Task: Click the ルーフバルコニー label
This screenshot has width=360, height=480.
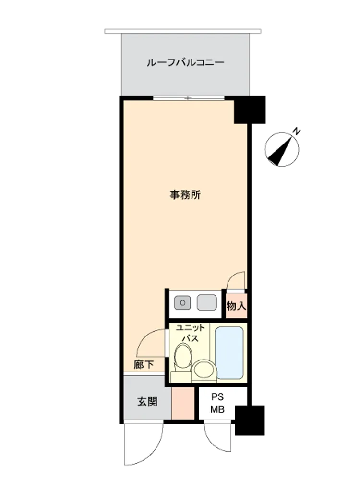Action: coord(185,63)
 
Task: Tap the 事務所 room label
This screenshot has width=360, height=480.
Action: coord(185,195)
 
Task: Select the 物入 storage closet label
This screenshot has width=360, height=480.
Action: coord(236,305)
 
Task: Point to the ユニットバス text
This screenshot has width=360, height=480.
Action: coord(190,333)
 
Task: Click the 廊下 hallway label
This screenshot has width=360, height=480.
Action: coord(144,364)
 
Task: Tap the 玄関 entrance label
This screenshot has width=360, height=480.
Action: coord(147,401)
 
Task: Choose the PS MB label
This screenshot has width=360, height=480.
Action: coord(217,403)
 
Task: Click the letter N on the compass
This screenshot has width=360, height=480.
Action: coord(296,132)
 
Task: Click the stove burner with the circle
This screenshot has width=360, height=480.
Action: coord(182,303)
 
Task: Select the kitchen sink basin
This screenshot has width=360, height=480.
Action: coord(207,302)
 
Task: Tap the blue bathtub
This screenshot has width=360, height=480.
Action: coord(229,352)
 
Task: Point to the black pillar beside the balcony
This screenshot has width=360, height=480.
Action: coord(250,110)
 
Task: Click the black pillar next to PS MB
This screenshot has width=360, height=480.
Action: coord(250,420)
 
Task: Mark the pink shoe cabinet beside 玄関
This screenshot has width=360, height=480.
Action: coord(183,403)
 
